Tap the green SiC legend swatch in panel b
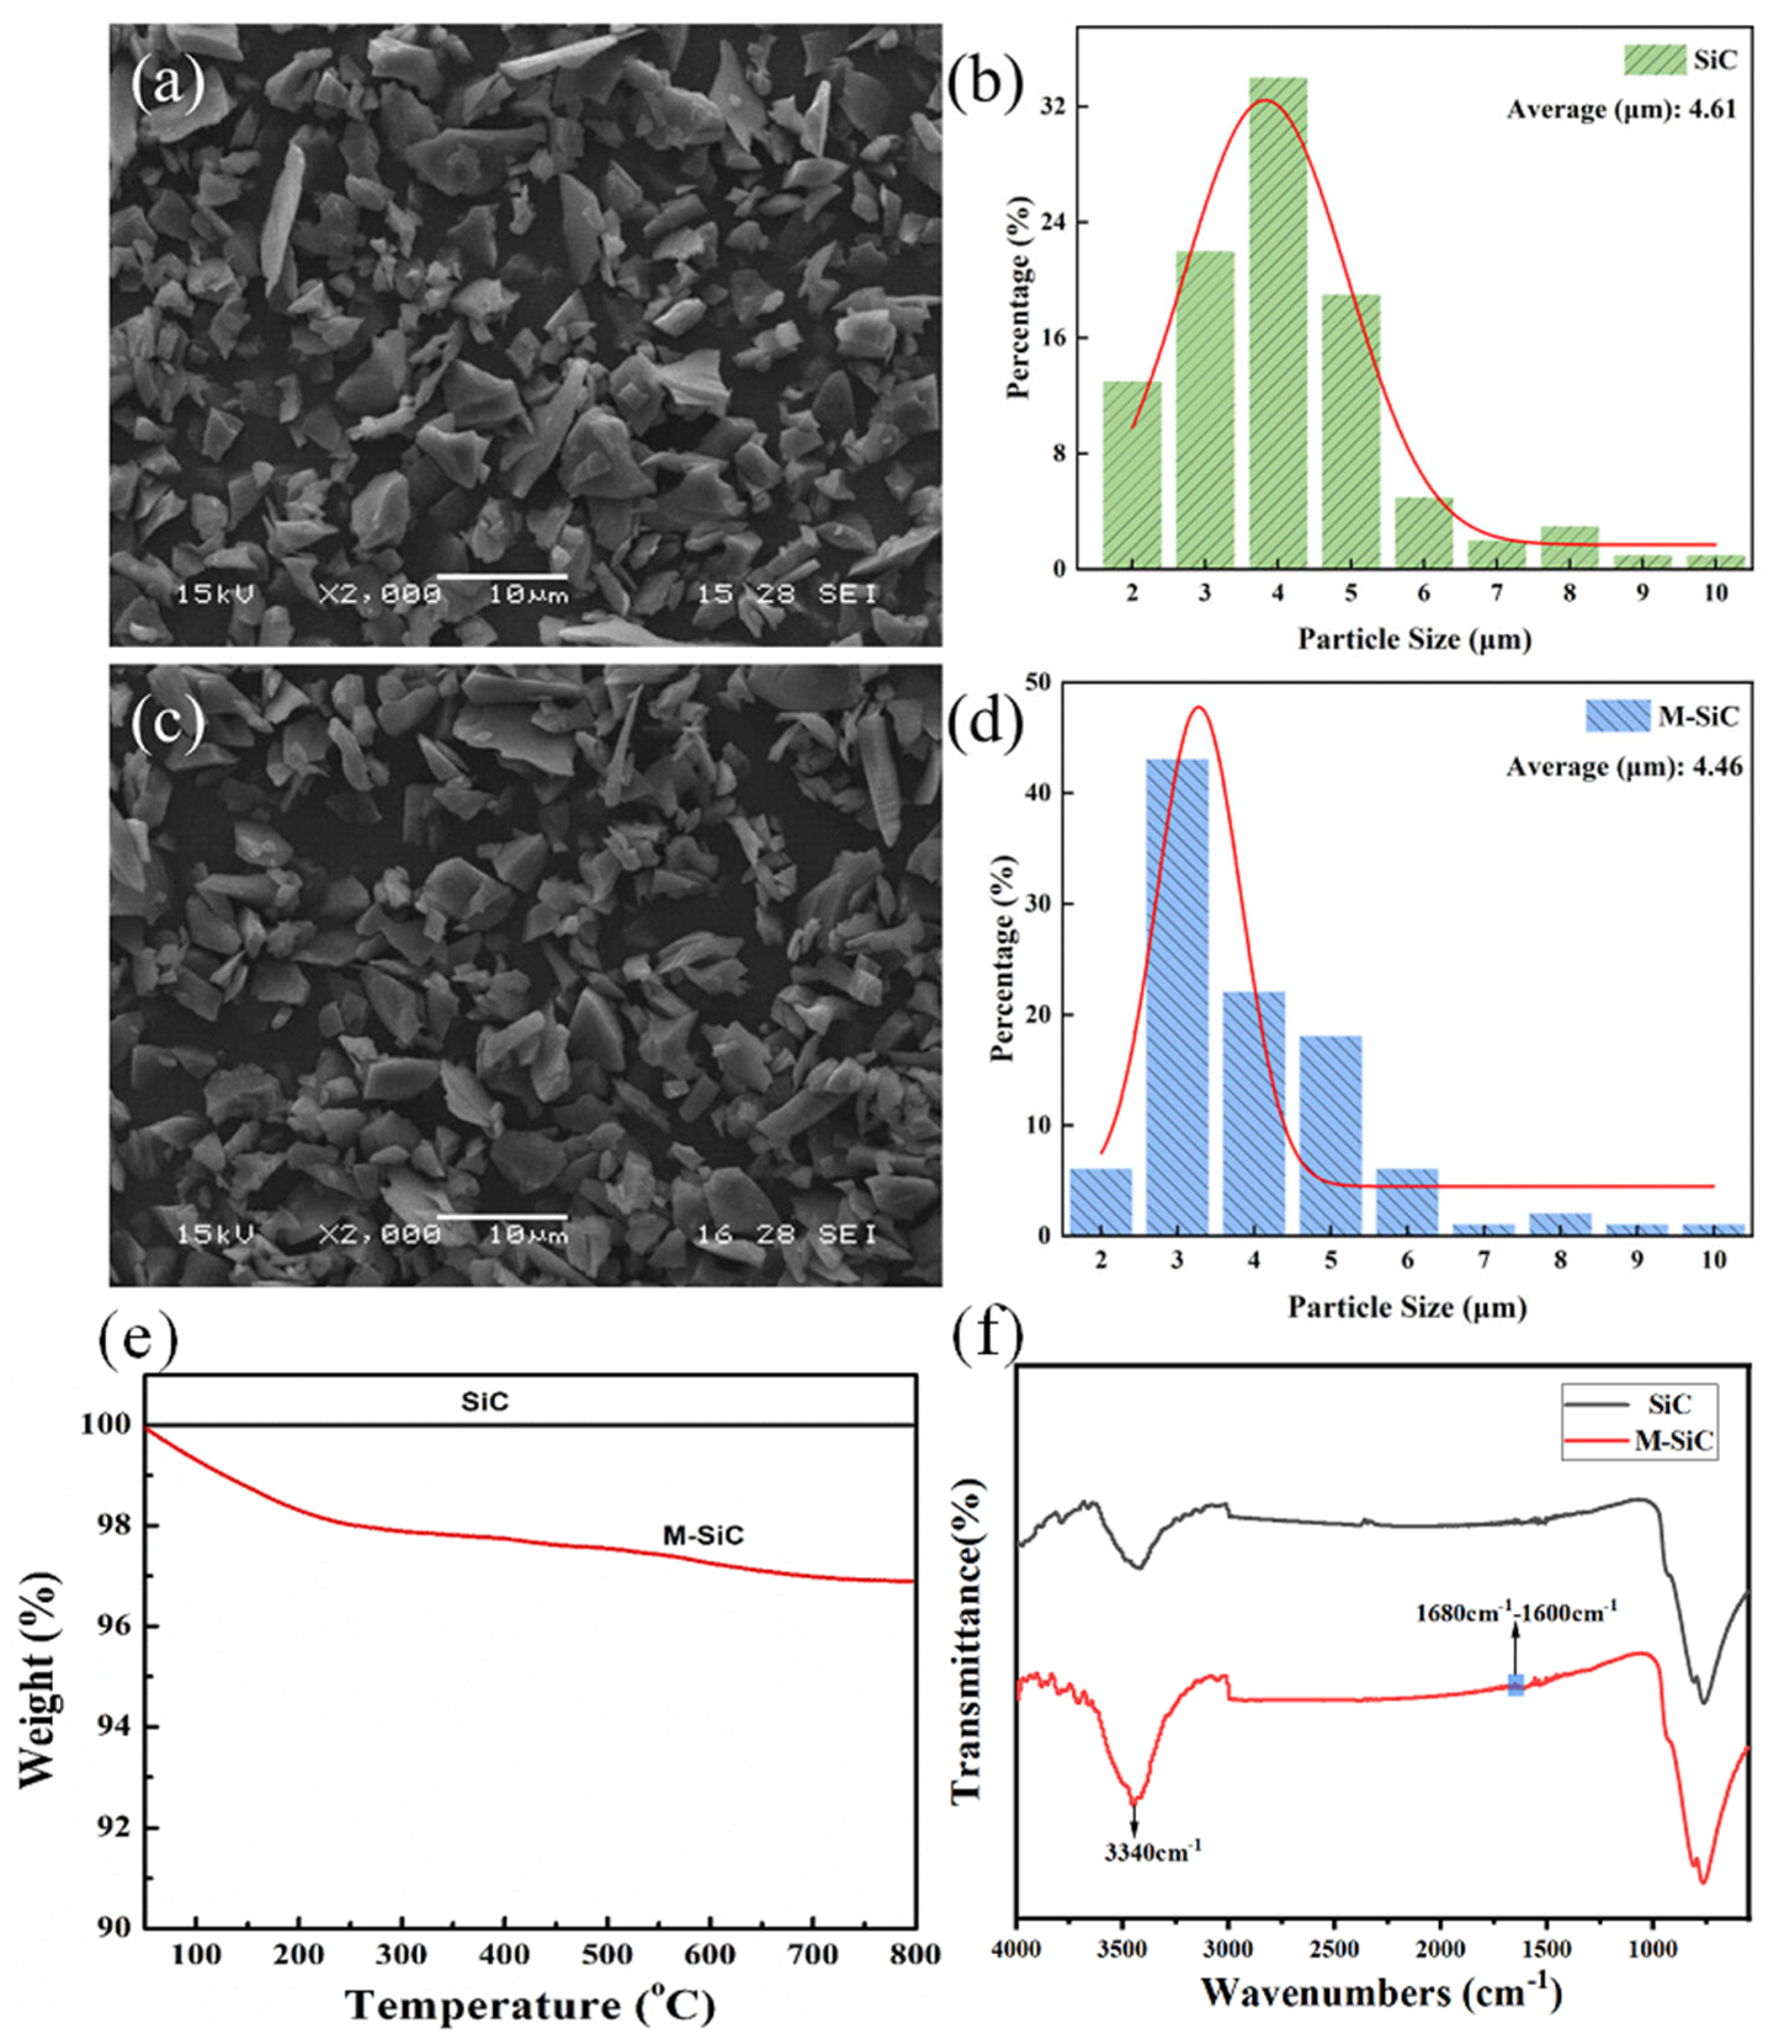1654,59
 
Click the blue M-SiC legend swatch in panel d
1618,715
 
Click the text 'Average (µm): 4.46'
1624,767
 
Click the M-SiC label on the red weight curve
703,1536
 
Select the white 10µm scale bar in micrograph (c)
502,1216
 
